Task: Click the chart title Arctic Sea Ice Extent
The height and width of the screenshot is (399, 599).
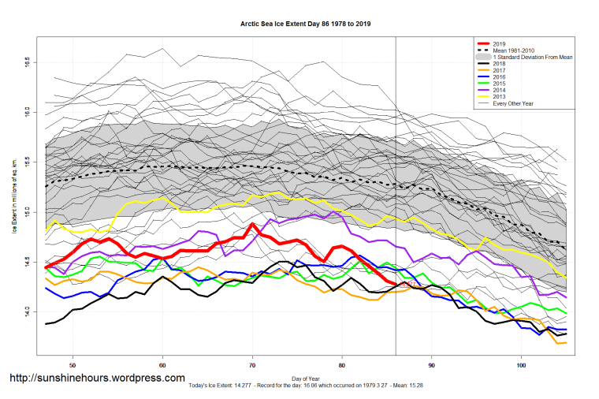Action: coord(305,24)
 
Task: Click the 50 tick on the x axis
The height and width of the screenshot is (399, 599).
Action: coord(73,365)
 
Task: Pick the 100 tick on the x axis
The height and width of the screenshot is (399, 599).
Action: coord(521,365)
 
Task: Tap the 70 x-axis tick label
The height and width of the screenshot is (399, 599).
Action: coord(252,365)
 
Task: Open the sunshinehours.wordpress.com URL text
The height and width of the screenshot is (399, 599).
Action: coord(98,379)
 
